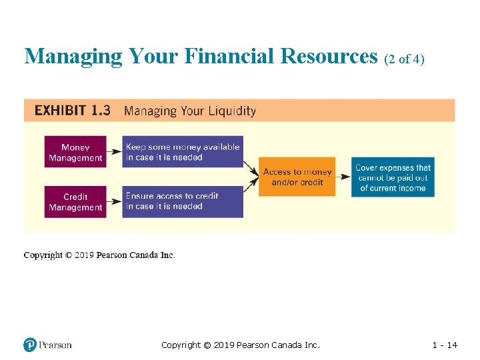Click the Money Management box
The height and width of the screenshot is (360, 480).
click(x=75, y=153)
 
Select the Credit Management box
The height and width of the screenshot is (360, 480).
click(x=75, y=201)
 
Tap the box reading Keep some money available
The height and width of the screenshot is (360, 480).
click(x=182, y=153)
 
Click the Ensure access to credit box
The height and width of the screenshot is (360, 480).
click(x=182, y=201)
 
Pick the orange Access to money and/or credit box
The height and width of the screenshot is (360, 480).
click(x=297, y=177)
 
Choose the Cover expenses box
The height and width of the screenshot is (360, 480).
click(x=393, y=177)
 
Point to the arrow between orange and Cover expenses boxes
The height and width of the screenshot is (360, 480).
click(x=343, y=177)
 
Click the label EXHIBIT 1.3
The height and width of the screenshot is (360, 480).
click(x=72, y=111)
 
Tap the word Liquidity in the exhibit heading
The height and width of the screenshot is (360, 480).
click(x=231, y=111)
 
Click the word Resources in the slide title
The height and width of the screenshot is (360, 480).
click(x=329, y=56)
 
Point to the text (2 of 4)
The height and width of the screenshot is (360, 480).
click(x=404, y=59)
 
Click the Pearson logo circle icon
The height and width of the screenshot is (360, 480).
click(x=30, y=345)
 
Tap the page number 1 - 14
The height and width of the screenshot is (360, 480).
click(x=445, y=345)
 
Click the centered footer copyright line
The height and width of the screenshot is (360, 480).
click(x=241, y=345)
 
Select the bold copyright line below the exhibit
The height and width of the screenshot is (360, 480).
click(x=99, y=255)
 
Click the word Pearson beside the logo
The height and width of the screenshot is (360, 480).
click(x=55, y=345)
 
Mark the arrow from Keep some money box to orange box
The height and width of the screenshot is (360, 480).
click(x=251, y=164)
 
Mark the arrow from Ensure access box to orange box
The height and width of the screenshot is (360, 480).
click(x=251, y=189)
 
